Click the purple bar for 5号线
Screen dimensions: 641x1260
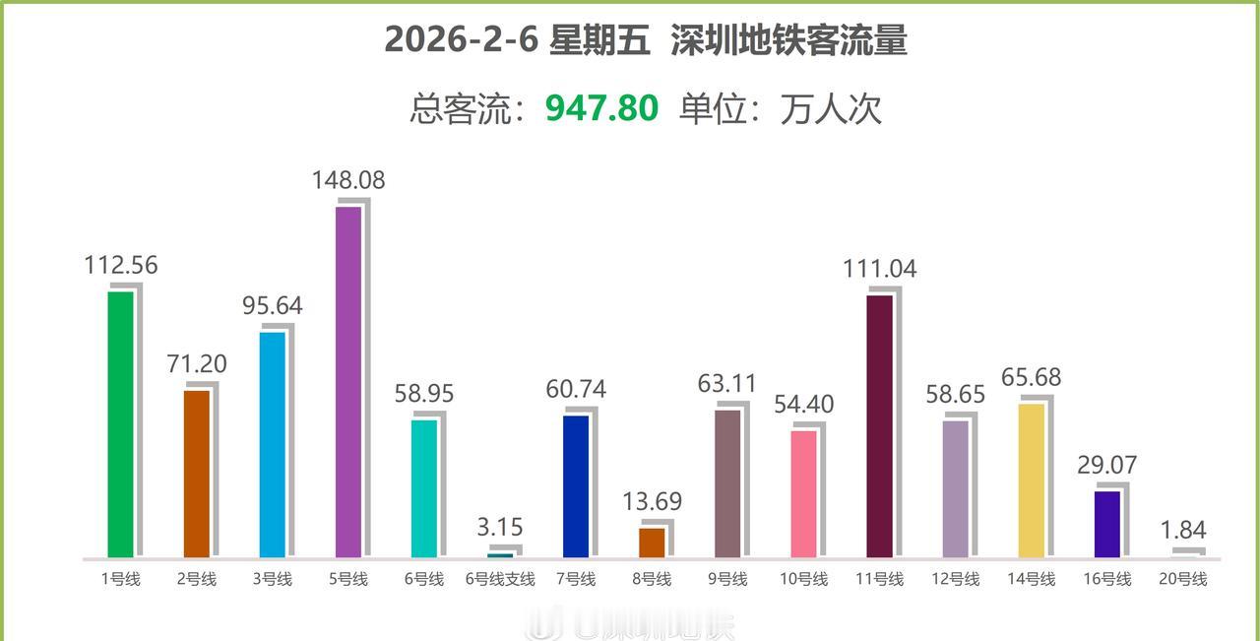(x=348, y=382)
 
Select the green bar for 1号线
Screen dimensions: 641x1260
(x=120, y=424)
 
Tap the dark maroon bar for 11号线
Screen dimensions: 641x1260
(x=880, y=426)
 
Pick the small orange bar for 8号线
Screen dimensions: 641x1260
(x=652, y=543)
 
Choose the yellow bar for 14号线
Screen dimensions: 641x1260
(x=1032, y=481)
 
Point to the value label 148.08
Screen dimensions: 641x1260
(x=348, y=181)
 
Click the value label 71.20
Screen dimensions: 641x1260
(x=197, y=364)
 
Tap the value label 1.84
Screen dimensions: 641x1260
(x=1184, y=531)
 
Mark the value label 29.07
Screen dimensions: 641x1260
(x=1107, y=464)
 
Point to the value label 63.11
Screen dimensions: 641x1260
(x=727, y=384)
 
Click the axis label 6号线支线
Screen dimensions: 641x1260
(x=500, y=580)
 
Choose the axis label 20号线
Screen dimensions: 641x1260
(x=1183, y=580)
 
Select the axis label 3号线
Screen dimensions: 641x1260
(x=273, y=580)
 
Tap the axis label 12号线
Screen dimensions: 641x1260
(x=956, y=580)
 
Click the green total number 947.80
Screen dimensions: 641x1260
(x=601, y=108)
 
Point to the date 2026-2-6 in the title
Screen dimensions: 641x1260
(x=458, y=41)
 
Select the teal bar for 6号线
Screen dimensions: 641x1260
(x=424, y=488)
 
